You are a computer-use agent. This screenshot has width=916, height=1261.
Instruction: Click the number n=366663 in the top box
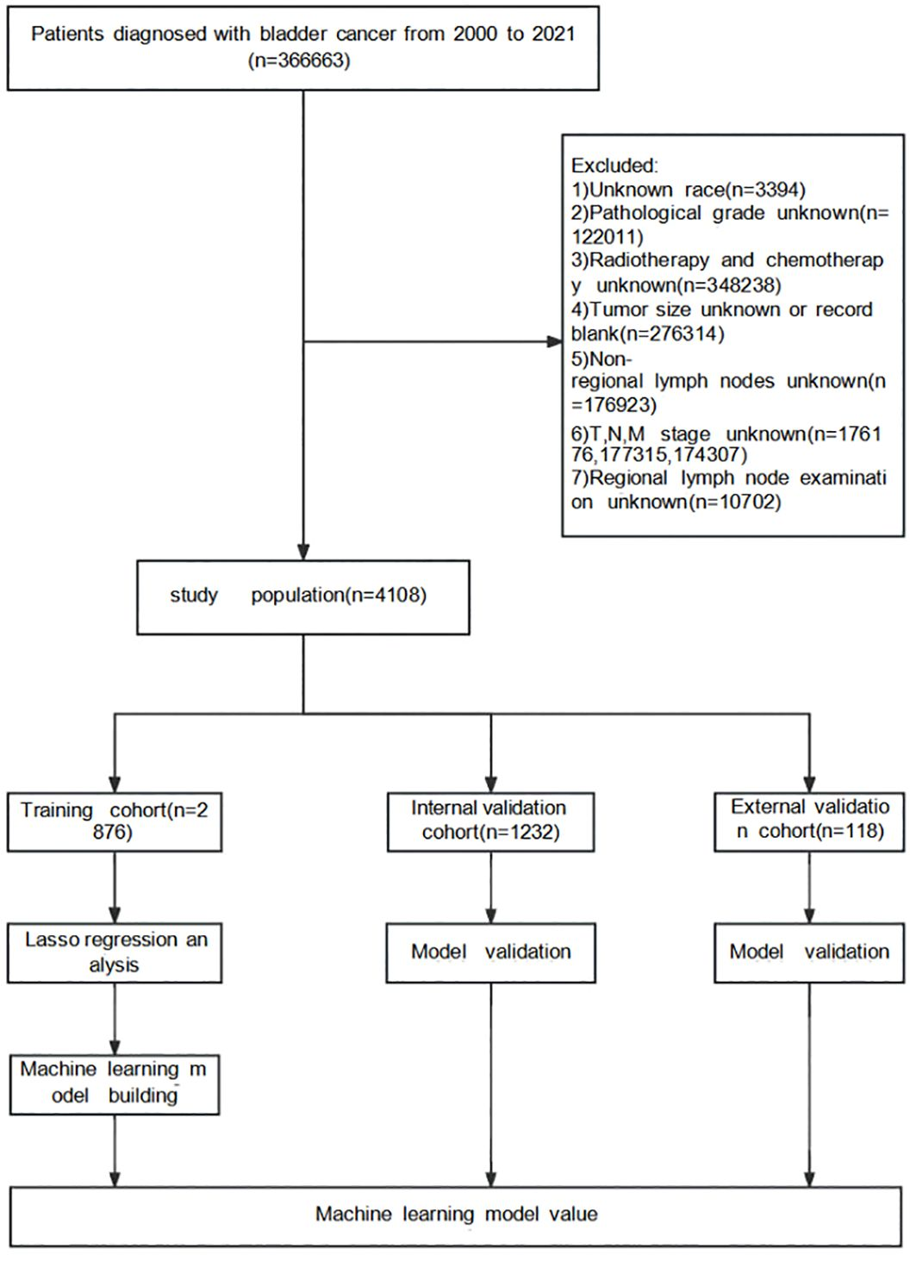(299, 60)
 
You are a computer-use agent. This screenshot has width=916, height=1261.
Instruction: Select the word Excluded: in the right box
(614, 165)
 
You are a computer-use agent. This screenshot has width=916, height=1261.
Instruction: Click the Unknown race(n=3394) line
(688, 190)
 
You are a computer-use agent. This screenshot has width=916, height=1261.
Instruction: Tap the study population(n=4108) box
(302, 596)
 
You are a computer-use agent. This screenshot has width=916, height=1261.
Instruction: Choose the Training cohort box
(115, 821)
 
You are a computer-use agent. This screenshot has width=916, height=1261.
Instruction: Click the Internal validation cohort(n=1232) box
(489, 820)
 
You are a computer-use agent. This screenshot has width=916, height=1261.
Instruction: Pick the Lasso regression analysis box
(115, 952)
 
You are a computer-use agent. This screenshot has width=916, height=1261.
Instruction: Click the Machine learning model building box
(114, 1083)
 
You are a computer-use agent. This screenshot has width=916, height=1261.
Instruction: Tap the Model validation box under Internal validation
(490, 952)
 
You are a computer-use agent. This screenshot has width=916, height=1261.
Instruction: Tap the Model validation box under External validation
(809, 952)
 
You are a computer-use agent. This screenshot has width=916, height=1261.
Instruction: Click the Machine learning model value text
(456, 1214)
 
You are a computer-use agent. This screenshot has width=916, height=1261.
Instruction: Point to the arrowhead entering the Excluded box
(554, 342)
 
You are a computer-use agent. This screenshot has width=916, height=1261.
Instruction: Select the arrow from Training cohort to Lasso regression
(115, 888)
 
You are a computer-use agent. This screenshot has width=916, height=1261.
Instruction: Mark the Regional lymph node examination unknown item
(728, 490)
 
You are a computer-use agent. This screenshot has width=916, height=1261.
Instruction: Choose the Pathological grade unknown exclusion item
(728, 224)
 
